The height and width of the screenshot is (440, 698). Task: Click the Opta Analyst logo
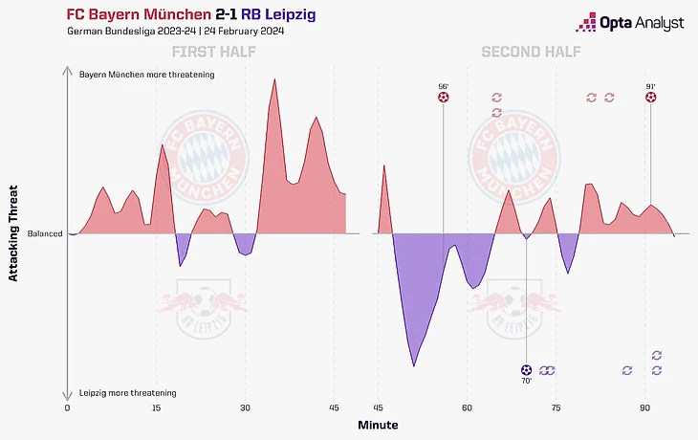pyautogui.click(x=637, y=22)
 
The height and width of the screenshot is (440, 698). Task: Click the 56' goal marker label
pyautogui.click(x=443, y=85)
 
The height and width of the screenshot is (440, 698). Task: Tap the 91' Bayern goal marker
pyautogui.click(x=651, y=98)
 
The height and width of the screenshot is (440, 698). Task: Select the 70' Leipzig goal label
pyautogui.click(x=527, y=381)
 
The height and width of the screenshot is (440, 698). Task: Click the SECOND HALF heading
pyautogui.click(x=526, y=52)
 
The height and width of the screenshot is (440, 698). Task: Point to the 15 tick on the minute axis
pyautogui.click(x=157, y=407)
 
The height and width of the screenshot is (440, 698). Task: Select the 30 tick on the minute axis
pyautogui.click(x=246, y=407)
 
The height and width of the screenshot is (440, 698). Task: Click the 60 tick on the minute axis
pyautogui.click(x=468, y=407)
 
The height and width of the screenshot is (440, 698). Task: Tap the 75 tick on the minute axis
pyautogui.click(x=556, y=407)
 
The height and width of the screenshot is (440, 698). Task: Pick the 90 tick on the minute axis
pyautogui.click(x=645, y=407)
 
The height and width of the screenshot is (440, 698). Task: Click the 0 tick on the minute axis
pyautogui.click(x=68, y=407)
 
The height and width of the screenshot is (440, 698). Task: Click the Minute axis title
pyautogui.click(x=379, y=424)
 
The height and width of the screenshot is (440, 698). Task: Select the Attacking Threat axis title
pyautogui.click(x=13, y=232)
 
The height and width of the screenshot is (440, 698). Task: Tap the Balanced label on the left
pyautogui.click(x=44, y=233)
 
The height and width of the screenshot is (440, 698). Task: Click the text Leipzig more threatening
pyautogui.click(x=128, y=393)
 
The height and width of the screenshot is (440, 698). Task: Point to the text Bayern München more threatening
pyautogui.click(x=147, y=74)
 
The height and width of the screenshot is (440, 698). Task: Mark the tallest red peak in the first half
pyautogui.click(x=274, y=79)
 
